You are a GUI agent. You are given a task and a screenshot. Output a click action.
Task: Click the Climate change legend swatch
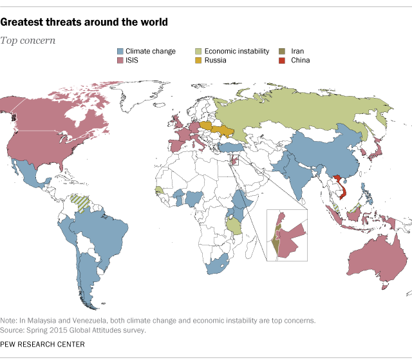coord(120,51)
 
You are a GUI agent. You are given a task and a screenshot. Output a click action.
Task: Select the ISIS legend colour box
coord(120,61)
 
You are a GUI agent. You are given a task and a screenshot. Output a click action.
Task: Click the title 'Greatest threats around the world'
coord(84,23)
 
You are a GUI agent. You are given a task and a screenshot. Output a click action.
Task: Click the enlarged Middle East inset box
coord(286,234)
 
